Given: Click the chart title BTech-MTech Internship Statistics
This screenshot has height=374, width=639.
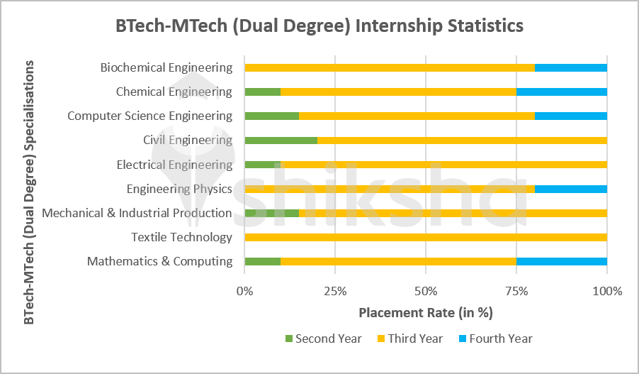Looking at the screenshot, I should (x=319, y=26).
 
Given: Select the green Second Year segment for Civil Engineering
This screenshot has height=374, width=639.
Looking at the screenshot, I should (x=281, y=140).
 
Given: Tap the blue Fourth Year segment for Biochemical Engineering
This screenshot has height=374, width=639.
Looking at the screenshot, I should (x=570, y=67).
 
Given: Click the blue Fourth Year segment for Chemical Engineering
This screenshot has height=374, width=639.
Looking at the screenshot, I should (x=561, y=92).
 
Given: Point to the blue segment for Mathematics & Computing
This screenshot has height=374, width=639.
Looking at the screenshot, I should (x=561, y=261).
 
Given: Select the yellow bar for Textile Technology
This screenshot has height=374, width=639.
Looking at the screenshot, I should (x=425, y=237).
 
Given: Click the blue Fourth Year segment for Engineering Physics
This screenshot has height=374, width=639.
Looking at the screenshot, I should (x=570, y=189).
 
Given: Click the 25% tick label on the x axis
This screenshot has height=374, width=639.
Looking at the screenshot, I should (x=335, y=291).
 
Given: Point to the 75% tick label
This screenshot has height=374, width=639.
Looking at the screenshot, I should (x=516, y=291).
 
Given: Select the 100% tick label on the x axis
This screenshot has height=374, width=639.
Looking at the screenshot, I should (x=606, y=291).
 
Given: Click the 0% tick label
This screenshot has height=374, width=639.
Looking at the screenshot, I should (x=244, y=291).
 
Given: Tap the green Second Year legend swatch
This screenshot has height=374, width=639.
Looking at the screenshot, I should (x=288, y=339).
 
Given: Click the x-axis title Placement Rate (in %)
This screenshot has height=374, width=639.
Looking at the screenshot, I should (x=425, y=313).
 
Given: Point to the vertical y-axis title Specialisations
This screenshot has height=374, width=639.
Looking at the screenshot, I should (x=29, y=192).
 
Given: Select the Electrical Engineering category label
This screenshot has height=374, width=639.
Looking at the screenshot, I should (x=174, y=165).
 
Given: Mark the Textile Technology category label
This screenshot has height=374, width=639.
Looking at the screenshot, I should (x=181, y=237).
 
